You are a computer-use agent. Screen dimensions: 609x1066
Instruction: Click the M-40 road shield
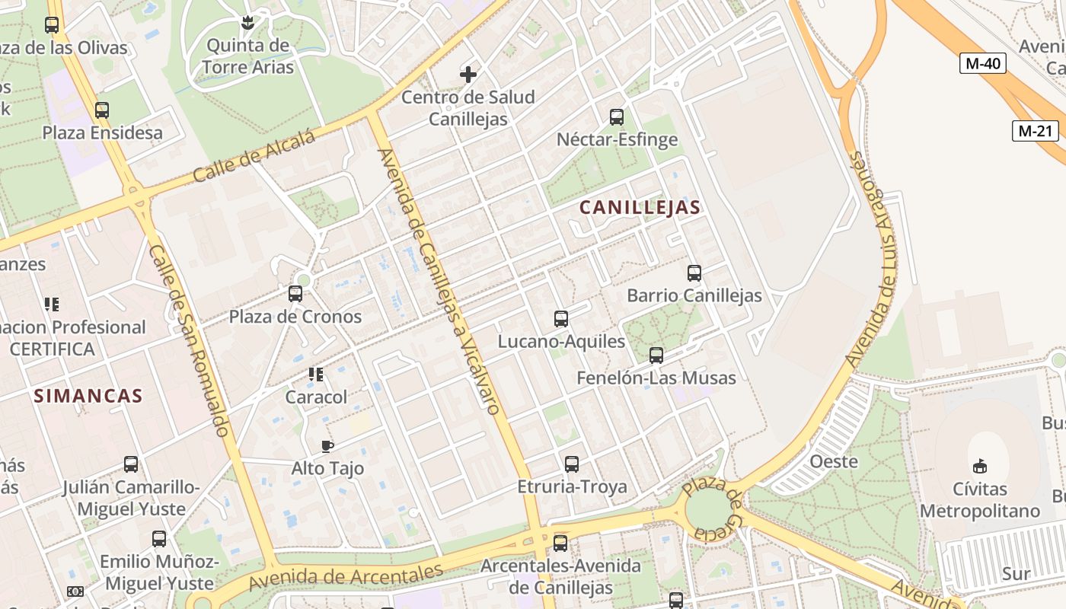pyautogui.click(x=982, y=64)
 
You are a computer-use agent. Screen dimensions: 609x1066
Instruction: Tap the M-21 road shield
pyautogui.click(x=1036, y=131)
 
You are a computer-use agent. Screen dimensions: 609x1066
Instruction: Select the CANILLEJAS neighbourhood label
pyautogui.click(x=640, y=207)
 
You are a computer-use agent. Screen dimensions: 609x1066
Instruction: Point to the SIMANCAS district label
pyautogui.click(x=88, y=396)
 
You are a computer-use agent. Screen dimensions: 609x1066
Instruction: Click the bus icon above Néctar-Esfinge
pyautogui.click(x=617, y=117)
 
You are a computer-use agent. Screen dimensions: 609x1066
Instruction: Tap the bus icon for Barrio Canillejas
pyautogui.click(x=694, y=273)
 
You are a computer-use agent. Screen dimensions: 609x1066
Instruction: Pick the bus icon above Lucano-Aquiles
pyautogui.click(x=561, y=319)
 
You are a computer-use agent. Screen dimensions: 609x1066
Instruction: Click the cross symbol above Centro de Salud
pyautogui.click(x=468, y=75)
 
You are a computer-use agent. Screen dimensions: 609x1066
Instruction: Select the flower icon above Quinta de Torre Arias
pyautogui.click(x=247, y=24)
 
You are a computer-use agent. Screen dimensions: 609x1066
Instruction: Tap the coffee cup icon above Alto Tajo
pyautogui.click(x=327, y=446)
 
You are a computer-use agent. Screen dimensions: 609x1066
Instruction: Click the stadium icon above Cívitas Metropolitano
pyautogui.click(x=980, y=466)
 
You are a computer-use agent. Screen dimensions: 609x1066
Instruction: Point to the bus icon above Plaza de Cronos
pyautogui.click(x=295, y=293)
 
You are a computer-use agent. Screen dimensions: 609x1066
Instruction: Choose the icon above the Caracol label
pyautogui.click(x=316, y=375)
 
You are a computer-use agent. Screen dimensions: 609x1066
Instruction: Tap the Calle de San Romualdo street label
pyautogui.click(x=189, y=340)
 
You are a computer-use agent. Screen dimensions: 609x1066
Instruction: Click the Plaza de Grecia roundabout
pyautogui.click(x=708, y=509)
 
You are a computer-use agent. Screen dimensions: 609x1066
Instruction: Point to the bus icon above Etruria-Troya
pyautogui.click(x=572, y=464)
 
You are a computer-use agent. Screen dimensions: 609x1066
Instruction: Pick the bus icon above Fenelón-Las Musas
pyautogui.click(x=656, y=356)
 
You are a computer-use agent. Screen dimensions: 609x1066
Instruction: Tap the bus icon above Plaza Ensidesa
pyautogui.click(x=102, y=110)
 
